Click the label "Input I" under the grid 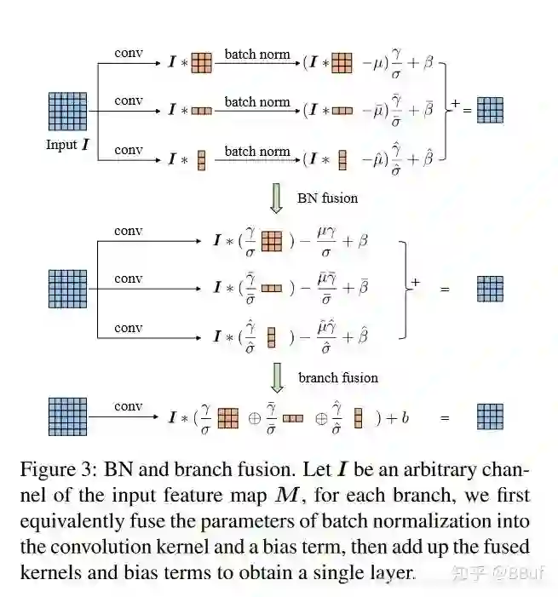point(67,145)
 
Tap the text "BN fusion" point(327,198)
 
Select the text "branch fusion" point(338,377)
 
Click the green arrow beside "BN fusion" point(276,197)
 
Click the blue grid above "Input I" point(67,111)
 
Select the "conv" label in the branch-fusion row point(128,406)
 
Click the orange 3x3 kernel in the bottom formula point(227,418)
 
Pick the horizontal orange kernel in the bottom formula point(292,418)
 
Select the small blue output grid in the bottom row point(490,416)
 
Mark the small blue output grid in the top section point(490,110)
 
